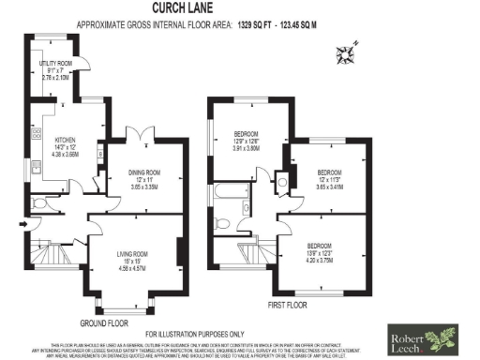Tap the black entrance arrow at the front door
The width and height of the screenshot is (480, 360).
(22, 225)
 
